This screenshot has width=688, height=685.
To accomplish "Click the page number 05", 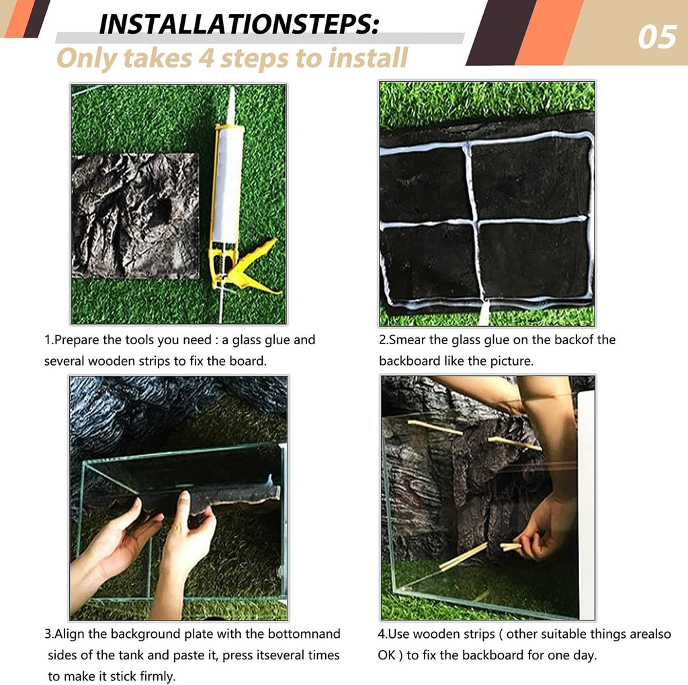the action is pos(657,38).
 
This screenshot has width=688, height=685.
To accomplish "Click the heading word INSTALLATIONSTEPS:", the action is pos(239,25).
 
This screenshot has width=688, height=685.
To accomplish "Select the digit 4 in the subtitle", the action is pos(206,58).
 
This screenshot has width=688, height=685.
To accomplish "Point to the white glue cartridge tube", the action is pos(228,184).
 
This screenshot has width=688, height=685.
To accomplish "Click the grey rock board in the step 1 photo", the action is pos(135,216).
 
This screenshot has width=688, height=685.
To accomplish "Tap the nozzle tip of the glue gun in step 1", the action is pos(232,89).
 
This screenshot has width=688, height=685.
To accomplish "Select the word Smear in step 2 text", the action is pos(408,340).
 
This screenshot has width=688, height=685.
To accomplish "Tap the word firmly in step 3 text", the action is pos(155,676).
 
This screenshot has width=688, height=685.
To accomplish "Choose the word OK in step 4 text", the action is pos(386,655).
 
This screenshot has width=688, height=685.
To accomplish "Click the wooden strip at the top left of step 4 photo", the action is pos(435,428).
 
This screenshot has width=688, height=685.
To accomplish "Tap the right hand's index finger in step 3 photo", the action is pos(184,505).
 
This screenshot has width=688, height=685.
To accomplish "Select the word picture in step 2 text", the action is pos(511,362).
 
